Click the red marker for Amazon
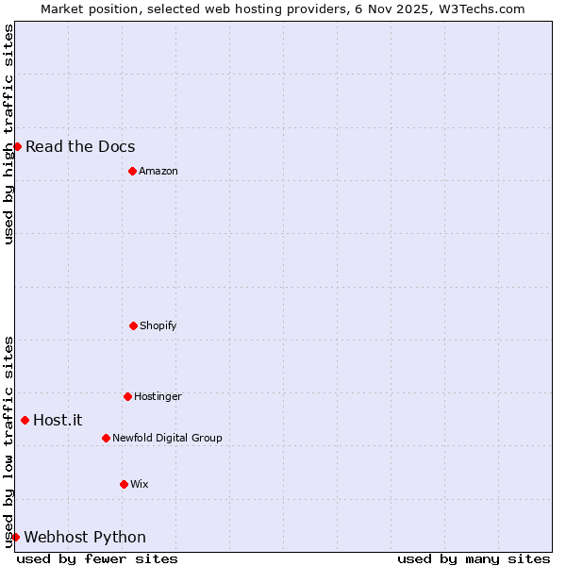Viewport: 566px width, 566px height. [132, 171]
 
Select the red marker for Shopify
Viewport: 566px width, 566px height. [133, 325]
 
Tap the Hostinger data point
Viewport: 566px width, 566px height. [127, 396]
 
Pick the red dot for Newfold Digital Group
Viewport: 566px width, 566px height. [106, 438]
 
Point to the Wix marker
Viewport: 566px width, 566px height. [124, 484]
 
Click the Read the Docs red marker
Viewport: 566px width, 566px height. [17, 146]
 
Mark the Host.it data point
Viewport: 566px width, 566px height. [25, 420]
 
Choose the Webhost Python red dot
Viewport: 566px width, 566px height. [15, 537]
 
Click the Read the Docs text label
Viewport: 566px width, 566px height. [80, 146]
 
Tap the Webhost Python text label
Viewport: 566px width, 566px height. [85, 537]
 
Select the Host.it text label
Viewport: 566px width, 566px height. [58, 420]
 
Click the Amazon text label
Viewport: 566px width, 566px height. [158, 171]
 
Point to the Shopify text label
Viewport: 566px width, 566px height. [158, 325]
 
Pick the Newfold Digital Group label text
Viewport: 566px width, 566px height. [167, 438]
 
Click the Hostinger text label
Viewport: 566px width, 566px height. [158, 396]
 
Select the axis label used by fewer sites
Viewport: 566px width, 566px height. [97, 558]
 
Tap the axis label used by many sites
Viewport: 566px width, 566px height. [474, 558]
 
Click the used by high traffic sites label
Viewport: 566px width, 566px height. [8, 134]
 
